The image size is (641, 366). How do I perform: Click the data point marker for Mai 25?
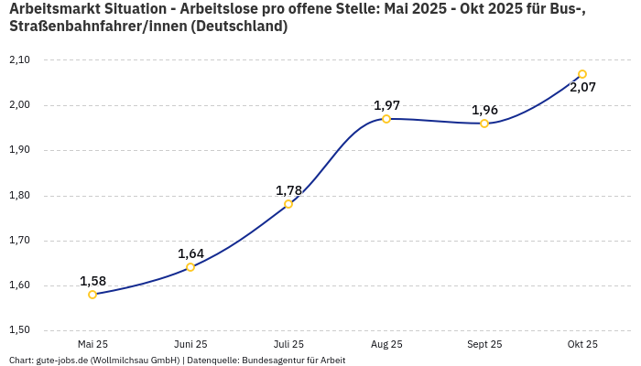tap(92, 295)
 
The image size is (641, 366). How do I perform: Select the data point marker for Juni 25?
tap(190, 267)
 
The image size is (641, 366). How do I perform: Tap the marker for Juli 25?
tap(288, 204)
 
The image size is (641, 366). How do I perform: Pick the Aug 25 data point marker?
tap(386, 119)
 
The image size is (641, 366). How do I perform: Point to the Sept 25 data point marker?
tap(484, 124)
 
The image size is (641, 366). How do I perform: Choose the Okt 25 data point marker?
tap(582, 74)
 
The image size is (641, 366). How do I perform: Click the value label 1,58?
tap(92, 281)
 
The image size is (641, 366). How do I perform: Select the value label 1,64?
tap(190, 253)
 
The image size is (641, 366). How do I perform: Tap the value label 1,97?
tap(386, 105)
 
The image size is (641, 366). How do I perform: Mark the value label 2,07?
tap(582, 88)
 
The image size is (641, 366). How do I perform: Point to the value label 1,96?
tap(484, 110)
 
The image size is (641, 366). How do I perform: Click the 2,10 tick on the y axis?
tap(18, 59)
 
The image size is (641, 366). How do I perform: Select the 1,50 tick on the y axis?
tap(18, 330)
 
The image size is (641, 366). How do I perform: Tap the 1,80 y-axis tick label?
tap(18, 195)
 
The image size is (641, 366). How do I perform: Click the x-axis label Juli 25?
tap(288, 345)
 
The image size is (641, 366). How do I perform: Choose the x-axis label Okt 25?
tap(582, 345)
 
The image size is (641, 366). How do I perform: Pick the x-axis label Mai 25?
tap(92, 345)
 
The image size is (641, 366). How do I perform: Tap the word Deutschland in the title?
tap(239, 27)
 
